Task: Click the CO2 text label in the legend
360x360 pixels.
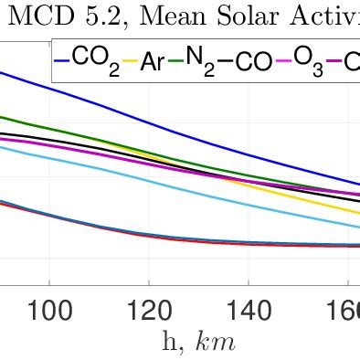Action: (x=95, y=61)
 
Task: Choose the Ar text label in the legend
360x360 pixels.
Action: (x=155, y=61)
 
